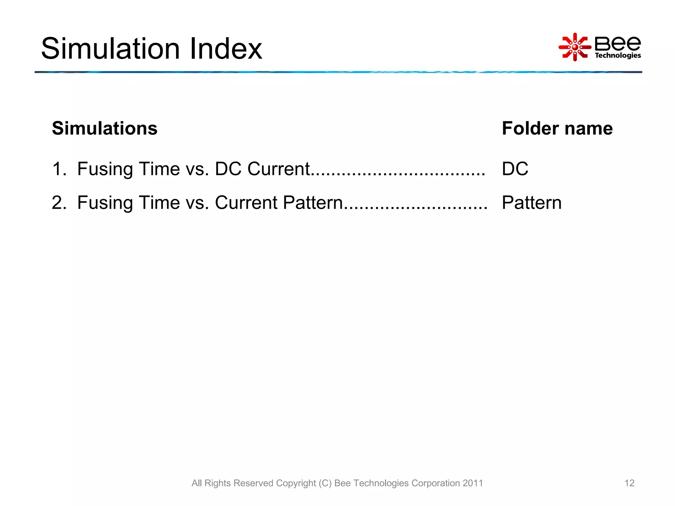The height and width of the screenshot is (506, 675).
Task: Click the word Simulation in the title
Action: click(x=111, y=49)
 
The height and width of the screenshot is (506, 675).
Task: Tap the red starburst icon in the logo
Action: click(x=575, y=47)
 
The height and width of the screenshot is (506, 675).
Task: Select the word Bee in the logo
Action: click(x=618, y=43)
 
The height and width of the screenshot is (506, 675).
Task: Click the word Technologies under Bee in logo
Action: click(x=618, y=55)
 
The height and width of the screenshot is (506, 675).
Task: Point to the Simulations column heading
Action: click(x=104, y=128)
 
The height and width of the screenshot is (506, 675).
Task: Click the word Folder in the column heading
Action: click(x=530, y=128)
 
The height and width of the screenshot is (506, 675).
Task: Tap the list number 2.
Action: click(x=59, y=202)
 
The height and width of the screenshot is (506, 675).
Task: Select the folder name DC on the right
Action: click(x=515, y=169)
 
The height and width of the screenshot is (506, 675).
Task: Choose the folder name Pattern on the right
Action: click(x=532, y=202)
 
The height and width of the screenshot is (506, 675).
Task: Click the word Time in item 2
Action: click(x=159, y=202)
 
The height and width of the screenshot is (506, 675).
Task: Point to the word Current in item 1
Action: click(x=279, y=169)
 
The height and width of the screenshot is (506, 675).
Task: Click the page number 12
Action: click(x=629, y=483)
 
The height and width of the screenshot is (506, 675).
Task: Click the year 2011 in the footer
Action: click(x=473, y=483)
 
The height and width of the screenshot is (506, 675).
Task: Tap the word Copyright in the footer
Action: click(x=296, y=483)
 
